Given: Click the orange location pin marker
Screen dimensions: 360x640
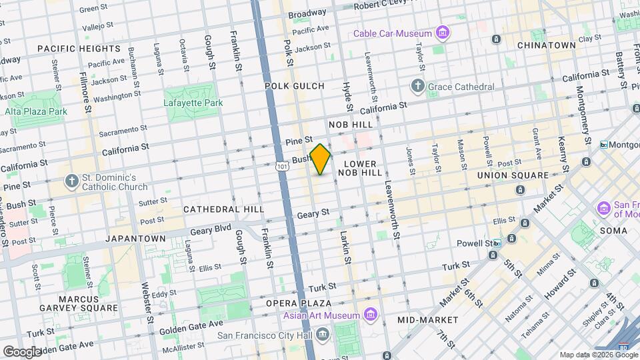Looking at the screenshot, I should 320,159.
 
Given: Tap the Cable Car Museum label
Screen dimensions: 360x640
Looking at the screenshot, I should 393,33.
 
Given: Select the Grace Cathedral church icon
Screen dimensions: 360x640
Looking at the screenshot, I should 417,86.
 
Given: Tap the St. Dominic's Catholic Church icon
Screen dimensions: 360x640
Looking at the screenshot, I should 71,181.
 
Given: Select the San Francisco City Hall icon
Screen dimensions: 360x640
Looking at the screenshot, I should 323,333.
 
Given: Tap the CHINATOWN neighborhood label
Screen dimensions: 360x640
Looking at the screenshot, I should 546,45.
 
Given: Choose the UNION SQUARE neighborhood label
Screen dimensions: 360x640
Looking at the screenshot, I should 513,175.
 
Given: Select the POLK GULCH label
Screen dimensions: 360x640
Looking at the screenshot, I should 294,86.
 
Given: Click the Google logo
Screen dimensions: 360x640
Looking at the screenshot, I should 22,351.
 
